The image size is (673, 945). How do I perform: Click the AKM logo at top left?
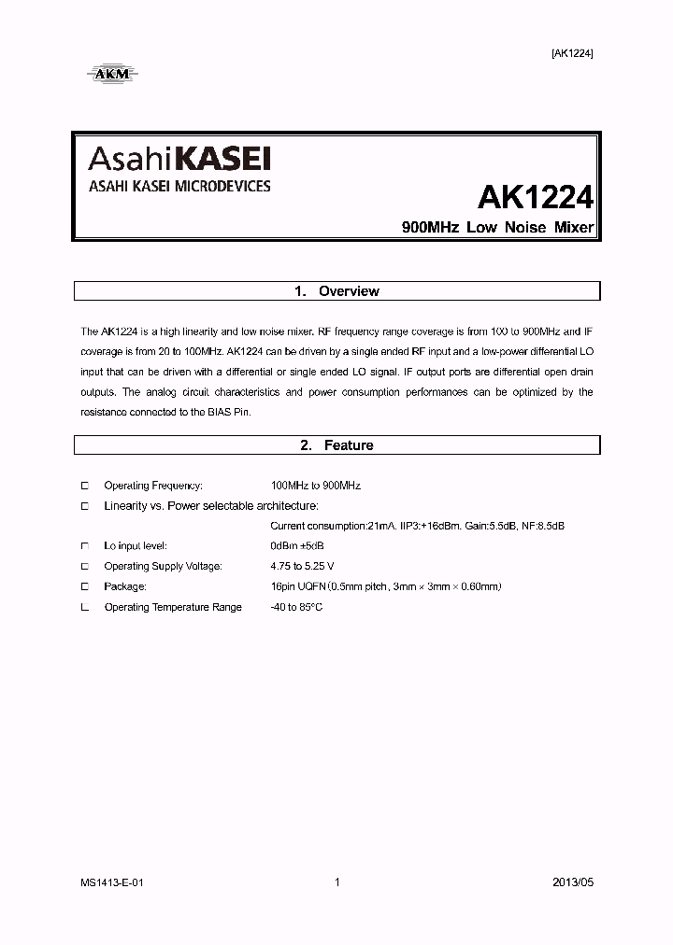tap(111, 72)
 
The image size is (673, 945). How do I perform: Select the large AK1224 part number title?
tap(536, 197)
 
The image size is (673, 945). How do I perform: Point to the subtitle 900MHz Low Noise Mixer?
tap(497, 228)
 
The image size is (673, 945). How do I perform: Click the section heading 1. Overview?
tap(336, 291)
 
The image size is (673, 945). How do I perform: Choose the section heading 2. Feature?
tap(336, 445)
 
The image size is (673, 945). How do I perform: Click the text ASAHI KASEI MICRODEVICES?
tap(179, 186)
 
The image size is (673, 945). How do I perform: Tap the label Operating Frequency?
tap(153, 486)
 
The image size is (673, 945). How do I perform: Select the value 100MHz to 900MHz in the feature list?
tap(315, 486)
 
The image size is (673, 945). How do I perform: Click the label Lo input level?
tap(136, 545)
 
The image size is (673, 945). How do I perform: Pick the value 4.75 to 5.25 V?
tap(302, 566)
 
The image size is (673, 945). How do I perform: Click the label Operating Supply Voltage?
tap(164, 566)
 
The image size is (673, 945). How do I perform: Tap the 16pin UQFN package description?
tap(385, 586)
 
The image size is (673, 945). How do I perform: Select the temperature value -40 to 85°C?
tap(296, 607)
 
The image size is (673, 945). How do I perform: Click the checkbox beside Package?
tap(84, 586)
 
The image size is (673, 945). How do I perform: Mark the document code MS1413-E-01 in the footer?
tap(111, 882)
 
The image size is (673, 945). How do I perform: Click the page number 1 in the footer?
tap(336, 882)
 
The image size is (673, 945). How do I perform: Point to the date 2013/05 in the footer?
tap(572, 882)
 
